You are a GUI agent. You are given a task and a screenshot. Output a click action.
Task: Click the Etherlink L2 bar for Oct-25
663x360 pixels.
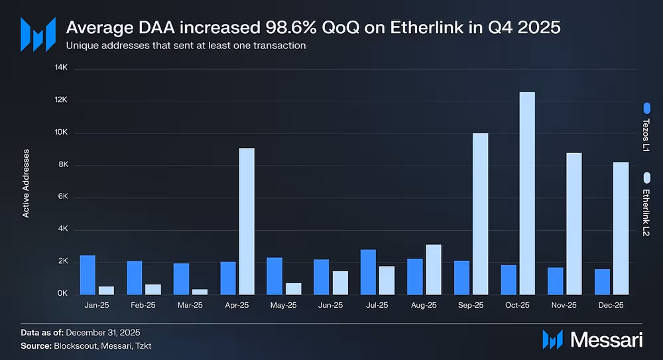click(x=527, y=193)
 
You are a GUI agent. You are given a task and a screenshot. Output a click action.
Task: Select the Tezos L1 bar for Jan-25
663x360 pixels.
click(x=88, y=274)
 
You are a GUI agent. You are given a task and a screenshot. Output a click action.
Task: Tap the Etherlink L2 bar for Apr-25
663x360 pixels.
click(x=246, y=221)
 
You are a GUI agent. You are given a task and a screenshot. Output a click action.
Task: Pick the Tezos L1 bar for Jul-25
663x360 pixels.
click(x=369, y=272)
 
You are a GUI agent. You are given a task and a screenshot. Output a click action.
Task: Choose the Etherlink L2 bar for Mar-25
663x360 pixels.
click(x=200, y=292)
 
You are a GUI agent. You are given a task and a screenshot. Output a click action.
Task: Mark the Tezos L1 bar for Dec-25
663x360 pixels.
click(x=602, y=282)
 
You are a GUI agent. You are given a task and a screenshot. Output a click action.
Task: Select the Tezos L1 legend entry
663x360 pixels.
click(x=647, y=129)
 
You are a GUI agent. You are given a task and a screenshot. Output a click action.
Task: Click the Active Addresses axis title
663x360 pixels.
click(x=26, y=182)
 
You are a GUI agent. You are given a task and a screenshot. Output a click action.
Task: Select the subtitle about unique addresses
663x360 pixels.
click(x=186, y=46)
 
